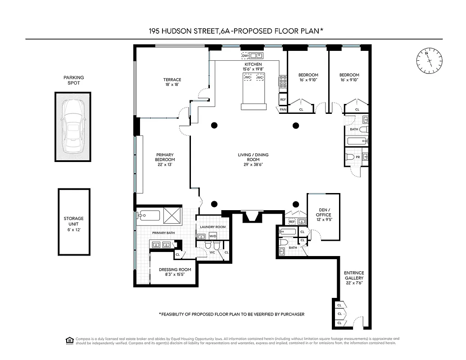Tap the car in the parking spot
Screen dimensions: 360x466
coord(73,126)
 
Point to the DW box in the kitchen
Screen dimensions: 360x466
coord(245,56)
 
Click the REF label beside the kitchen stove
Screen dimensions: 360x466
coord(283,99)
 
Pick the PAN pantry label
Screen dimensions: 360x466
coord(283,109)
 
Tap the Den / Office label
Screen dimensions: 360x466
coord(323,212)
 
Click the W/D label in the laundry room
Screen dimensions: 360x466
coord(213,236)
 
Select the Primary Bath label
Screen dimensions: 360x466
coord(163,233)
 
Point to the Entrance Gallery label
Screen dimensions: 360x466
coord(354,275)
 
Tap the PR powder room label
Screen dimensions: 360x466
coord(357,157)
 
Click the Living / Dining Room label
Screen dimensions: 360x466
coord(253,157)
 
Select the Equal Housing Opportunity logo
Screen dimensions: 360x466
coord(69,339)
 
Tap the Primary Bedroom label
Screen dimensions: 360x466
coord(165,157)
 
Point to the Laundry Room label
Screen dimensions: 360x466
coord(213,227)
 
